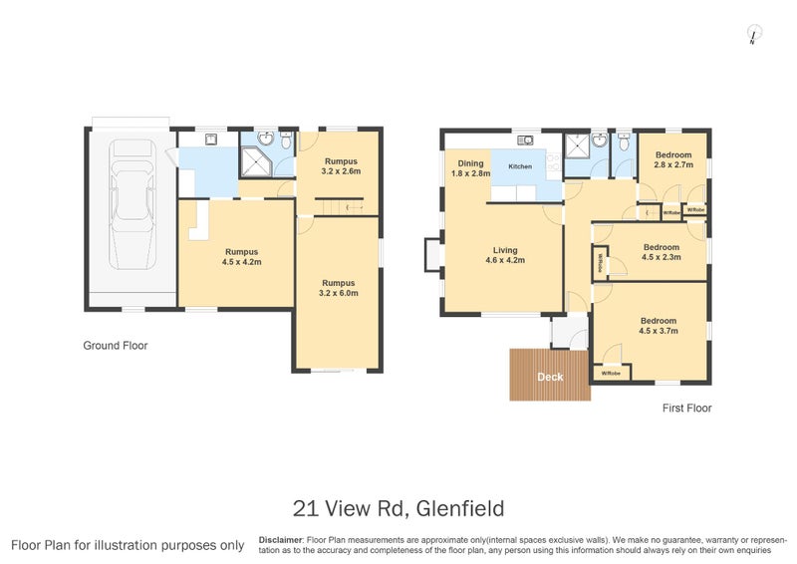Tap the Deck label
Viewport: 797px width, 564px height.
550,378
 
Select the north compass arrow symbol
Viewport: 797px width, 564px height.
752,37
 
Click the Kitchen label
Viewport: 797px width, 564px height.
521,166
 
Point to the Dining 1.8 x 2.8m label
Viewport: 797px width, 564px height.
470,168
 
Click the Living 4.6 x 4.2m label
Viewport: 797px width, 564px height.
504,255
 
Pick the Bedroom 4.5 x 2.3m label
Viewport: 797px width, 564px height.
662,252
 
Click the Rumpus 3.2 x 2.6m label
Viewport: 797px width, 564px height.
339,166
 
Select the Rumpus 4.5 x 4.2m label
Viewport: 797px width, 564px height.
241,257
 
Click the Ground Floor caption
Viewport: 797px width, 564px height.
115,346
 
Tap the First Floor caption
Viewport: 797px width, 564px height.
687,408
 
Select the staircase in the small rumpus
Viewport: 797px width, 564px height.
340,205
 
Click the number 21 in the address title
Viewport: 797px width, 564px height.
306,508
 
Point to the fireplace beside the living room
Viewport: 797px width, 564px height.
430,255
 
